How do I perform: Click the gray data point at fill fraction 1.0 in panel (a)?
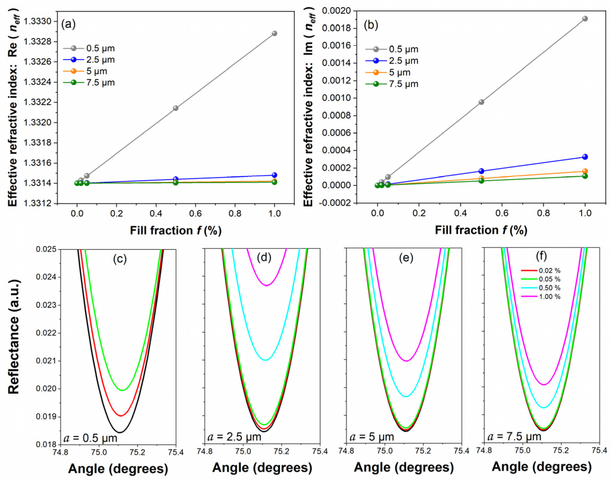[x=274, y=33]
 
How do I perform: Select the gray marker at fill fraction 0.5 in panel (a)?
[x=176, y=108]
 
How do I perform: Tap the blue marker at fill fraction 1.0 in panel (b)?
[x=585, y=157]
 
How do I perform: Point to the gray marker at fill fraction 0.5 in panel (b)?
[x=481, y=102]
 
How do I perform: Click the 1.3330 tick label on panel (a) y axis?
[x=38, y=22]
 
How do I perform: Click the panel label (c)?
[x=120, y=259]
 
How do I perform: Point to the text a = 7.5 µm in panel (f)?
[x=514, y=437]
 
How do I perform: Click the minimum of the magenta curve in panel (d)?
[x=267, y=286]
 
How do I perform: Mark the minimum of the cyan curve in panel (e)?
[x=406, y=397]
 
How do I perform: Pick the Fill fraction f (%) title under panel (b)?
[x=481, y=230]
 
